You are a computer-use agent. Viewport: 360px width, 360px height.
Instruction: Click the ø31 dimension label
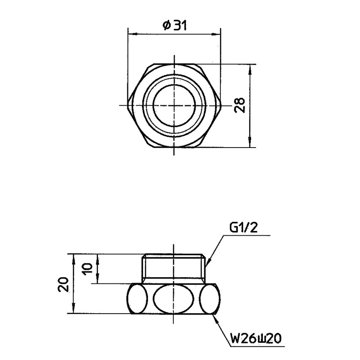click(174, 26)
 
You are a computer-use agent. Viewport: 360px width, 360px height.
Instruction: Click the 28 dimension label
click(240, 105)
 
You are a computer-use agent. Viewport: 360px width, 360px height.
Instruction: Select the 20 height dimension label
click(63, 284)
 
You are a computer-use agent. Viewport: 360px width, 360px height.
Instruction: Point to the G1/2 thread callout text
click(243, 228)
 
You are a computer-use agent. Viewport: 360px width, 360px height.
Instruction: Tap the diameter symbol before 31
click(166, 26)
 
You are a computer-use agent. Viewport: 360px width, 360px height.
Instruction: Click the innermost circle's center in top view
click(174, 105)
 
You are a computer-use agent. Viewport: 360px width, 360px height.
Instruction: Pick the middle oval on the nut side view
click(174, 299)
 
